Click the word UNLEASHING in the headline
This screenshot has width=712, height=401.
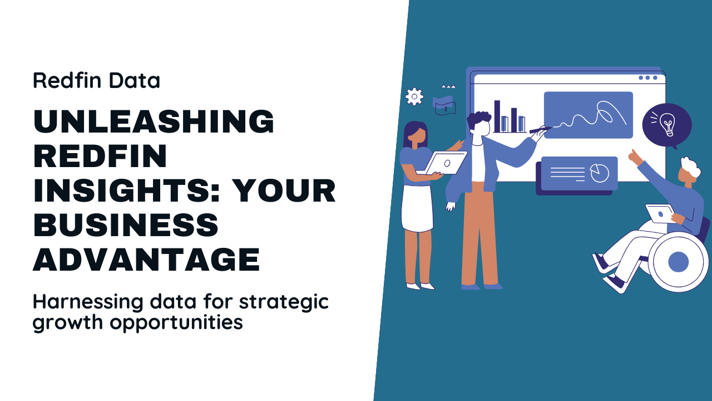pyautogui.click(x=154, y=121)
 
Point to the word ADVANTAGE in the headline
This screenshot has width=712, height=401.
pyautogui.click(x=146, y=259)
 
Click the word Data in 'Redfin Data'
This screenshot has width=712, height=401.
pyautogui.click(x=135, y=80)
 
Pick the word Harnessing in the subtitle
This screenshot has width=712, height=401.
pyautogui.click(x=88, y=302)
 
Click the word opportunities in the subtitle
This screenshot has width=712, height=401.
pyautogui.click(x=176, y=323)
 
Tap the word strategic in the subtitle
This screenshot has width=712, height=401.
pyautogui.click(x=284, y=302)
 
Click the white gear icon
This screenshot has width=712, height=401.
pyautogui.click(x=414, y=96)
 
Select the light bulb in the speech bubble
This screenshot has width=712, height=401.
pyautogui.click(x=666, y=124)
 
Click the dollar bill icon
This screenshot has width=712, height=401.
pyautogui.click(x=444, y=106)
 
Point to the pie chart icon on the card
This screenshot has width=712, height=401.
pyautogui.click(x=600, y=173)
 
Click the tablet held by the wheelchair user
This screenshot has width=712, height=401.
pyautogui.click(x=660, y=214)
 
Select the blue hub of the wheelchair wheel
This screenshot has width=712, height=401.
pyautogui.click(x=678, y=262)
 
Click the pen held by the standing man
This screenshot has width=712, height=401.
pyautogui.click(x=540, y=130)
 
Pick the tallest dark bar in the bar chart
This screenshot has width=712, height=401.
pyautogui.click(x=497, y=116)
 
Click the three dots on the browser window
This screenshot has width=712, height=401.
pyautogui.click(x=648, y=77)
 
